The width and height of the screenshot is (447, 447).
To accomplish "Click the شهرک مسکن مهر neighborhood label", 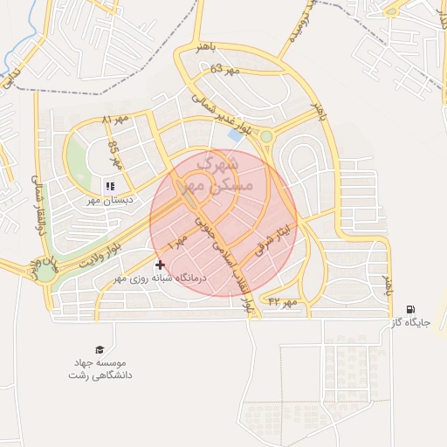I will click(x=224, y=175).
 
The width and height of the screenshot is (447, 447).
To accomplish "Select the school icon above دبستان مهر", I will click(x=110, y=186).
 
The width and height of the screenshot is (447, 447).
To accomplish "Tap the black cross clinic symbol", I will click(x=159, y=264).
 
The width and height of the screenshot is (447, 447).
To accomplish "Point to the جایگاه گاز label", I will click(x=410, y=322).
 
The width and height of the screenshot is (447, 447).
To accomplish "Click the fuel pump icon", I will click(x=410, y=309).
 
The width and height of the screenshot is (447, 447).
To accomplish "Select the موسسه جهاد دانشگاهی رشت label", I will click(x=100, y=368).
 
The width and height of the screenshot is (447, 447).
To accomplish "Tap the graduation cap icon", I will click(x=100, y=350).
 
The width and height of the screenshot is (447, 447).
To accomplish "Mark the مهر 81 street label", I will click(x=114, y=118).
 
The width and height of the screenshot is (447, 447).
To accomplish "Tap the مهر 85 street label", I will click(x=113, y=155).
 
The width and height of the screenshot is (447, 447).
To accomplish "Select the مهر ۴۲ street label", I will click(x=284, y=301).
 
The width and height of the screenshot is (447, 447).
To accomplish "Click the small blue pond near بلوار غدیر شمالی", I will click(x=235, y=135).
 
